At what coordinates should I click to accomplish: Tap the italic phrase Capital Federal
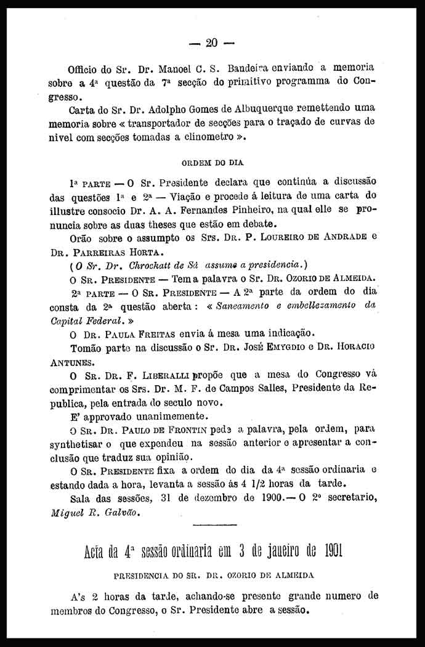(x=87, y=320)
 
